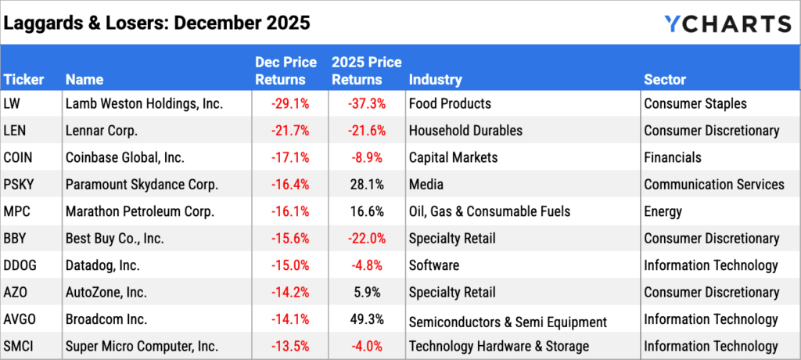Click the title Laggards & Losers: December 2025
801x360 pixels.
coord(157,23)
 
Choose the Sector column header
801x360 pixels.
coord(665,80)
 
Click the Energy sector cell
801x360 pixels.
coord(663,211)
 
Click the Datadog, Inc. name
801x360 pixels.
coord(103,265)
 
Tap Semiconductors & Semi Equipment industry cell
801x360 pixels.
coord(508,321)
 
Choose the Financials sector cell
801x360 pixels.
coord(673,157)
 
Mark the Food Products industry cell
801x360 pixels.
coord(450,103)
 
